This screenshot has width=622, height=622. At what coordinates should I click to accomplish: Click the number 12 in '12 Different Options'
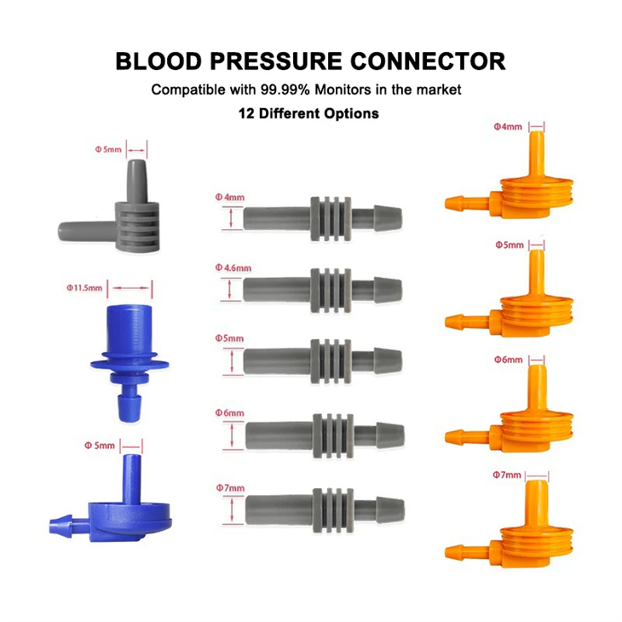pos(247,113)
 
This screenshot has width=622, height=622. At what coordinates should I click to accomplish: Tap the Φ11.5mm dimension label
pos(84,288)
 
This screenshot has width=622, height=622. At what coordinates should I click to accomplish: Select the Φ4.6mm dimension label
pos(233,268)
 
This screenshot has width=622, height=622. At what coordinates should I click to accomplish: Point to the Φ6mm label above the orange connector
pos(509,360)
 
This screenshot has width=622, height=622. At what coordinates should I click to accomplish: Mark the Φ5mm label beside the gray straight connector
pos(230,339)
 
